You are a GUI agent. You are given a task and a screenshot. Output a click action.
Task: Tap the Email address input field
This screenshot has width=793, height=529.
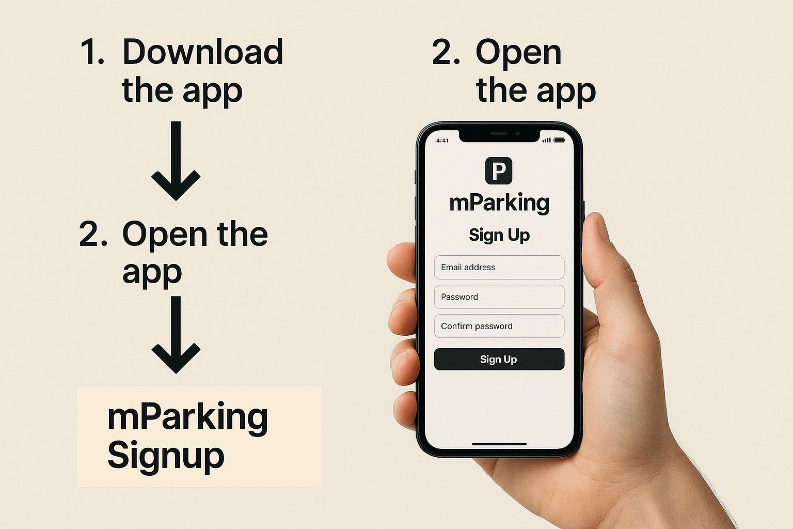click(499, 267)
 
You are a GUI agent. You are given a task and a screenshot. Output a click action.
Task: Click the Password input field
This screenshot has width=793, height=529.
click(499, 297)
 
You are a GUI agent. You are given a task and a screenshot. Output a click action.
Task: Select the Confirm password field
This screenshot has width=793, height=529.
click(499, 326)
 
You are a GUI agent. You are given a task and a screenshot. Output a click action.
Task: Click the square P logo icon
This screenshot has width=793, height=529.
click(498, 171)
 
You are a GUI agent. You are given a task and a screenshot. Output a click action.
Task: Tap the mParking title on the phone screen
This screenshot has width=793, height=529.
click(499, 204)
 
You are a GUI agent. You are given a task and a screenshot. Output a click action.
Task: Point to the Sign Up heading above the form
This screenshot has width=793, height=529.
click(499, 235)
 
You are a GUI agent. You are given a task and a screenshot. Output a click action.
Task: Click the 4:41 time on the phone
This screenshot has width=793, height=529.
click(442, 141)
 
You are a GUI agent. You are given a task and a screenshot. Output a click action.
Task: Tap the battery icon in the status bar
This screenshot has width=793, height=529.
click(559, 141)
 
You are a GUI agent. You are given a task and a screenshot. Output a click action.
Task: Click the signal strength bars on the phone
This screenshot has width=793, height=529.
click(547, 141)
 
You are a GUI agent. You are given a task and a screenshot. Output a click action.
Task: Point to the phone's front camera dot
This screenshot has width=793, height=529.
click(518, 134)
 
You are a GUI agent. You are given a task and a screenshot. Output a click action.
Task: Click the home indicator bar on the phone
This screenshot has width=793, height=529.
click(499, 444)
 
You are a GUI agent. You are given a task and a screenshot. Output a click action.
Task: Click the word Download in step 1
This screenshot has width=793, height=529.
click(202, 52)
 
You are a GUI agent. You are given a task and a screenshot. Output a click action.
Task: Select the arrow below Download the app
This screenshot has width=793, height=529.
click(176, 161)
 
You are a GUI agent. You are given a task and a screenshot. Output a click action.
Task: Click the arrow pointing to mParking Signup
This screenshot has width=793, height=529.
click(176, 335)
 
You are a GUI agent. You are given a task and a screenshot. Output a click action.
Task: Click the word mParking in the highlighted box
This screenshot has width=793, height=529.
click(187, 417)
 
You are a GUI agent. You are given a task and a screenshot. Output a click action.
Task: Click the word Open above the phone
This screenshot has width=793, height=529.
click(518, 54)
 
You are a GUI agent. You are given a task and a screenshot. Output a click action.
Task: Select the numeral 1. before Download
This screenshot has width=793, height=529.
click(92, 52)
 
